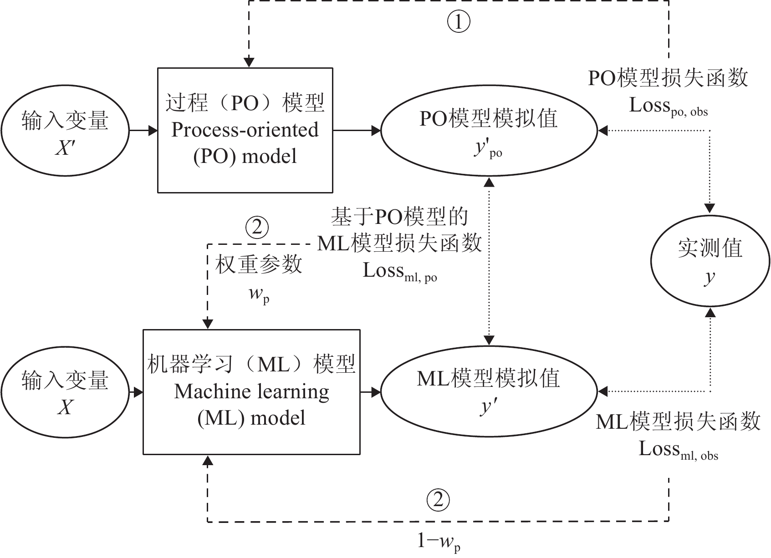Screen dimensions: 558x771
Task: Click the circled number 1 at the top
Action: pyautogui.click(x=459, y=22)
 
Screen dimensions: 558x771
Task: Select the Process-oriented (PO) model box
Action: pyautogui.click(x=245, y=130)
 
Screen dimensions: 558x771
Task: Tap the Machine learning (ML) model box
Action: pyautogui.click(x=251, y=391)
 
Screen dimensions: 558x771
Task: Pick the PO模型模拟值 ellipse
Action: pyautogui.click(x=489, y=131)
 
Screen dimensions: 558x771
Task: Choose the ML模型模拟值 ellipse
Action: pyautogui.click(x=489, y=391)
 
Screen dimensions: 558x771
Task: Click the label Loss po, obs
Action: pyautogui.click(x=668, y=107)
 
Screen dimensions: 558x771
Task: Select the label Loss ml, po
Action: pyautogui.click(x=399, y=272)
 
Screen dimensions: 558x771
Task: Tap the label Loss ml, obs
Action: pyautogui.click(x=678, y=450)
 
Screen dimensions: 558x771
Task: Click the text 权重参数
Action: pyautogui.click(x=259, y=264)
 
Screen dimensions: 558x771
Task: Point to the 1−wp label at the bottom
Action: pyautogui.click(x=439, y=542)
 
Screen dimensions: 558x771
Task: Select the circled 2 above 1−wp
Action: pyautogui.click(x=438, y=500)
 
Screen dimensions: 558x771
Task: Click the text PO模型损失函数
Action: pyautogui.click(x=668, y=78)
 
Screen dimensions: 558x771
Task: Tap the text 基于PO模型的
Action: pyautogui.click(x=399, y=217)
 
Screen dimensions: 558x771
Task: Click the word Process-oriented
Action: pyautogui.click(x=245, y=130)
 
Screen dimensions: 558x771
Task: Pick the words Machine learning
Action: pyautogui.click(x=251, y=392)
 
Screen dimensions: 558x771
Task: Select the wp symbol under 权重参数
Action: pyautogui.click(x=259, y=294)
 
